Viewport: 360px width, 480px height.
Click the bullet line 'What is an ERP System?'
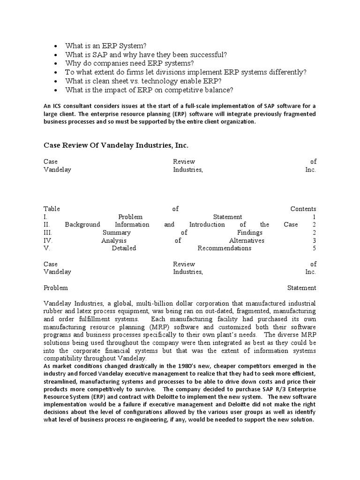point(106,45)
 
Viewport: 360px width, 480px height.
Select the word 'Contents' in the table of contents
point(303,209)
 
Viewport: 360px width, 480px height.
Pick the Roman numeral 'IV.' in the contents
point(48,240)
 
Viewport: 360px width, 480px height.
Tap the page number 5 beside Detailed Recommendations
point(314,248)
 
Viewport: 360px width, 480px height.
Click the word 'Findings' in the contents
point(250,232)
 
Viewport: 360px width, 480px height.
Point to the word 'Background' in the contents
point(82,225)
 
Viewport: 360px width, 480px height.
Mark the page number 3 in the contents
point(314,240)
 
